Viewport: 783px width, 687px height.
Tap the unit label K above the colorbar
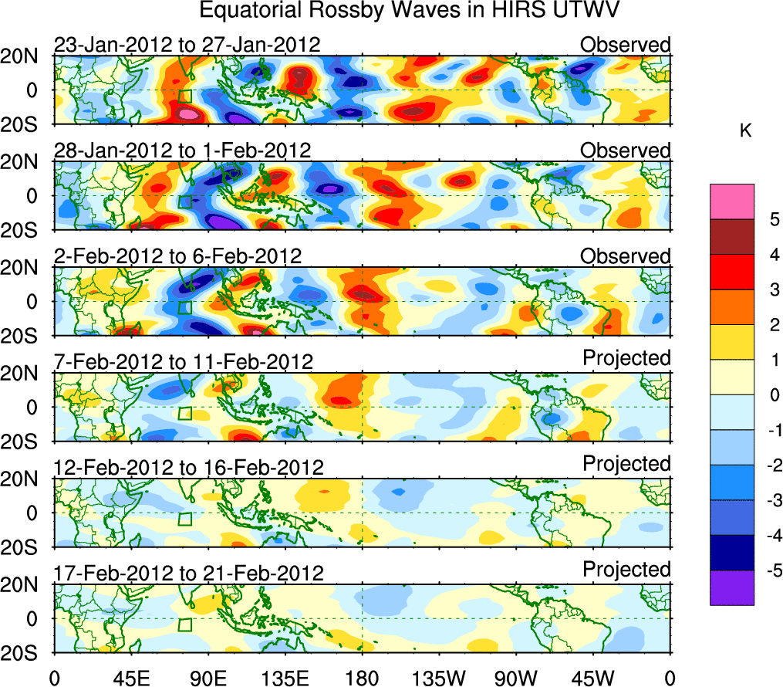coord(745,132)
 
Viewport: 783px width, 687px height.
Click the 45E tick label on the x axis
coord(130,678)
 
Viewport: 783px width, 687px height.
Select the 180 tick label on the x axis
coord(362,678)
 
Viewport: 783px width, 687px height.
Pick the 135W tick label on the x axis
coord(439,678)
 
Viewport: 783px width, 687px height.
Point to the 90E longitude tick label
coord(208,678)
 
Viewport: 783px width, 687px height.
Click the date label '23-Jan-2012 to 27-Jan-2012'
coord(187,45)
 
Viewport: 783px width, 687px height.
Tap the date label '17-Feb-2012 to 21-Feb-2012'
coord(187,574)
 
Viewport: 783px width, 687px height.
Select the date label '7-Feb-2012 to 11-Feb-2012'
coord(184,362)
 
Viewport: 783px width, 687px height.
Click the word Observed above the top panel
coord(626,45)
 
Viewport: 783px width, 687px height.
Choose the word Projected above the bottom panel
coord(626,570)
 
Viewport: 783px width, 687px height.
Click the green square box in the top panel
coord(184,96)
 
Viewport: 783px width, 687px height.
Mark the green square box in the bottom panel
coord(184,624)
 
